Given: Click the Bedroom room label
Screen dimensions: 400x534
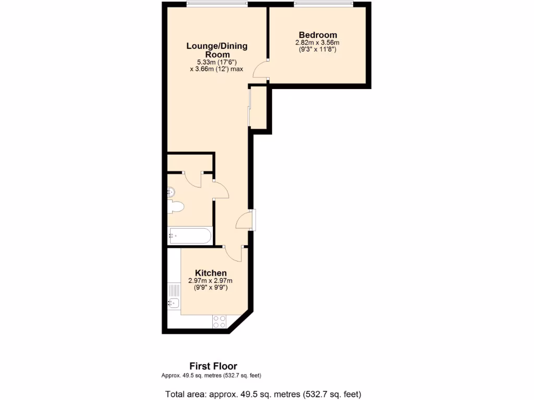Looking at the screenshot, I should [x=318, y=35].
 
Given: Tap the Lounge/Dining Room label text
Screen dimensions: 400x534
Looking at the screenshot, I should [x=217, y=50].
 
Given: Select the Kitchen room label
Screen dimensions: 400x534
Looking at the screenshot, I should [x=211, y=273].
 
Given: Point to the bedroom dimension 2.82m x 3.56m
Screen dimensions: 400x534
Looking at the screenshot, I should [x=318, y=43].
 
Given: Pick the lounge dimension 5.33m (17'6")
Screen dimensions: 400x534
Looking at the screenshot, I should [x=217, y=62].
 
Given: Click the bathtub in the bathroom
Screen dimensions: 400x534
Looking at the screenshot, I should [x=190, y=236].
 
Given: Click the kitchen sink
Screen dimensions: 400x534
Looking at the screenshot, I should [x=173, y=303].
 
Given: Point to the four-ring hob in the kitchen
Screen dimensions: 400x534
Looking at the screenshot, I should [x=220, y=322].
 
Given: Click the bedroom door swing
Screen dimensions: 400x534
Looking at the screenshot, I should [x=261, y=69].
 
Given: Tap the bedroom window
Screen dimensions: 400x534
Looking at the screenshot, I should [x=323, y=5].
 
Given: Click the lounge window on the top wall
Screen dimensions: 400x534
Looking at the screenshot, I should [x=217, y=5].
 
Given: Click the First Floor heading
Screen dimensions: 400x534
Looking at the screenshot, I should [x=213, y=367].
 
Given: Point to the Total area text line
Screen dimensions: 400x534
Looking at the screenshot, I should [x=263, y=394].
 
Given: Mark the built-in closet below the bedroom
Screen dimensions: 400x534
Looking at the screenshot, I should [x=259, y=108].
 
